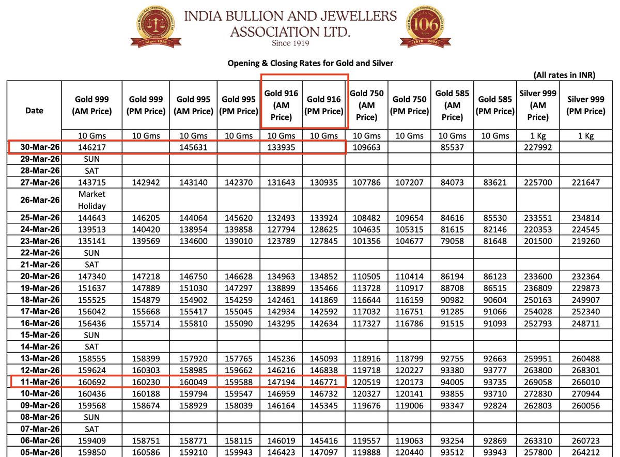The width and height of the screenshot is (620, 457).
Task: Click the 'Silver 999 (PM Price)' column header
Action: click(585, 104)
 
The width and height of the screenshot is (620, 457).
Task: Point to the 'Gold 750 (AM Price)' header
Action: click(366, 105)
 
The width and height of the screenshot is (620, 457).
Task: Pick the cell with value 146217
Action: click(91, 147)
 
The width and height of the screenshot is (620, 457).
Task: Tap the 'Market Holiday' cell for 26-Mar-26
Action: click(91, 200)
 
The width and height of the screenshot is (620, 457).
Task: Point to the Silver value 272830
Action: click(538, 393)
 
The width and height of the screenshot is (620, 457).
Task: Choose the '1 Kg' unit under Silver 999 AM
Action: click(538, 135)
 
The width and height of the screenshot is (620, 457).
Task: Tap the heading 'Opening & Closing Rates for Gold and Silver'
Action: click(311, 63)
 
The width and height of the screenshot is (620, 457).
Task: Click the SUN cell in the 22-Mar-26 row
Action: click(91, 253)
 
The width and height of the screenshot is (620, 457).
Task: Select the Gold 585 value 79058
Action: click(452, 241)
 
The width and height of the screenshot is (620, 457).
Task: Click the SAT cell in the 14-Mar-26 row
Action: click(91, 347)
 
